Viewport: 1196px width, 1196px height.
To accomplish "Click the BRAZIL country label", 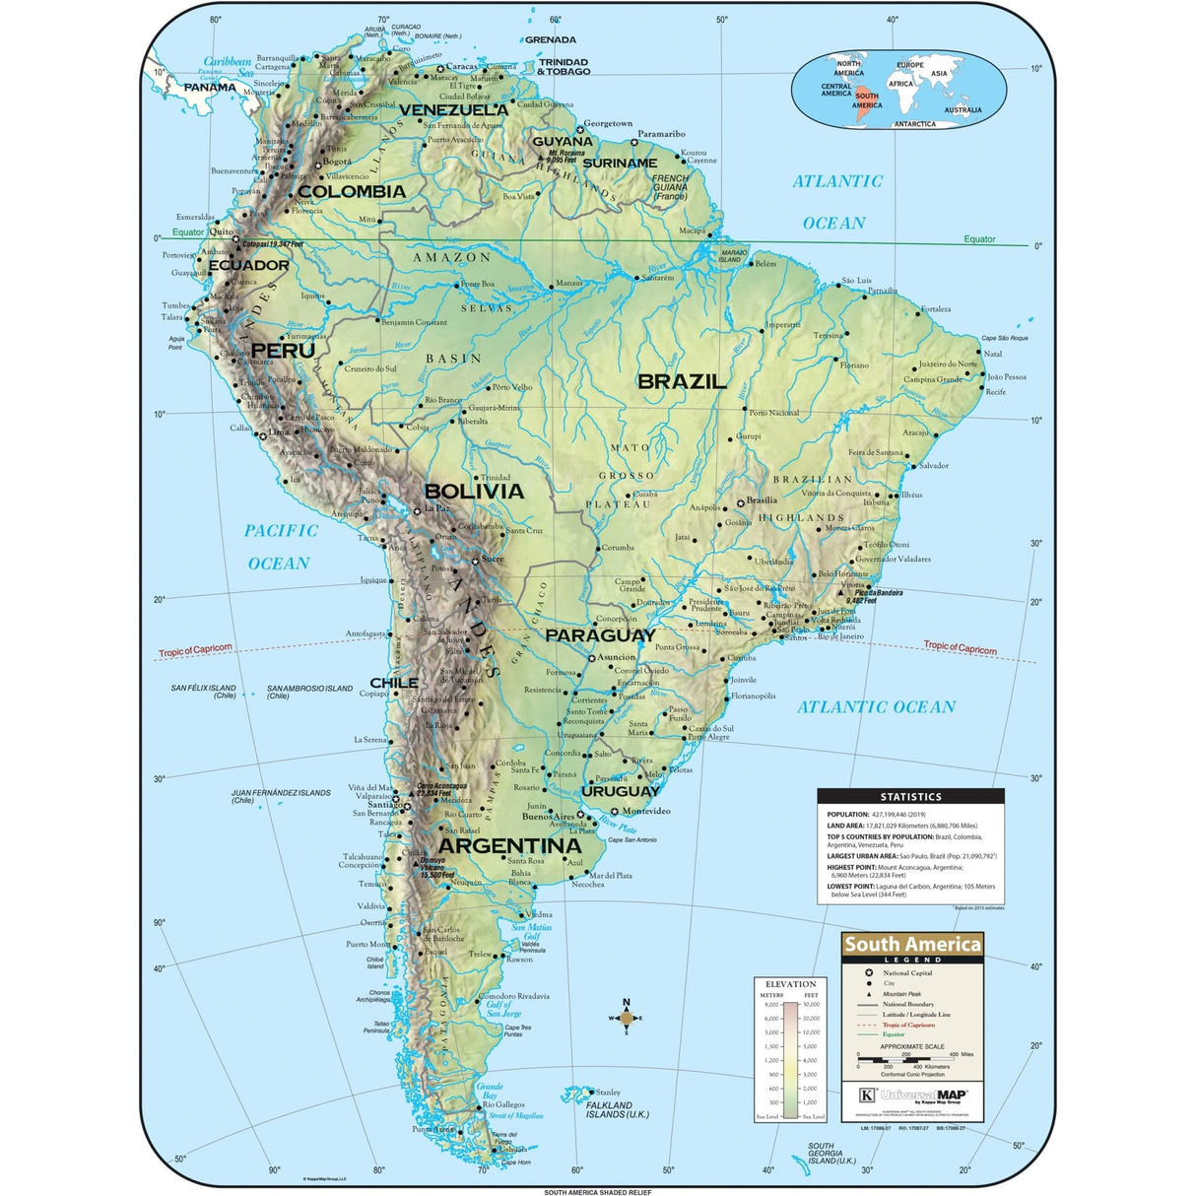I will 682,381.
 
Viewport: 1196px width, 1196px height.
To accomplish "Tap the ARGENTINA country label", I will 509,846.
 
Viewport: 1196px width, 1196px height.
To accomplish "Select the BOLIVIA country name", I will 474,491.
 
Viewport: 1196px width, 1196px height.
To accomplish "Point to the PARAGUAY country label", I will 600,635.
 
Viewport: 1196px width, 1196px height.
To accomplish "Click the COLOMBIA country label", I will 352,191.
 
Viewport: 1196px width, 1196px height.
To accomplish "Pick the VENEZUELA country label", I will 453,110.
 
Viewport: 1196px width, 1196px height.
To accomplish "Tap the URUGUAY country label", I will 620,791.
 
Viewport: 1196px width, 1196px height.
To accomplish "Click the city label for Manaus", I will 568,283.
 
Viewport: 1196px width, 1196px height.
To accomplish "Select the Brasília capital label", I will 761,499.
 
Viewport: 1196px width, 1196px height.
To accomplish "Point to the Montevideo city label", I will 646,811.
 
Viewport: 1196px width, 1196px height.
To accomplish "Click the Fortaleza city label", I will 936,308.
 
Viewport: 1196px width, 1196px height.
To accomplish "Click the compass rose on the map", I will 626,1018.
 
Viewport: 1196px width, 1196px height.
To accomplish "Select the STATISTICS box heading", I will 910,796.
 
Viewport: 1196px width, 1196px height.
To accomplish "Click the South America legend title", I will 912,944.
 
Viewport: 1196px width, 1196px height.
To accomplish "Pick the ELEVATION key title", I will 790,983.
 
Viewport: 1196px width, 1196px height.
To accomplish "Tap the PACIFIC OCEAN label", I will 280,547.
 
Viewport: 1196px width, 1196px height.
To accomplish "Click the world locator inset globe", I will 900,92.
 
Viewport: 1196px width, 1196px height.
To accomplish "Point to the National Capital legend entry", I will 906,972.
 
